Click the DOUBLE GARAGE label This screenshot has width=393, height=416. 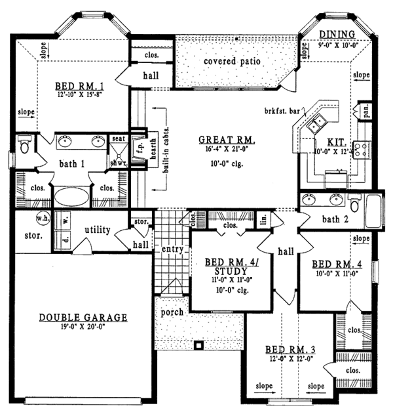(83, 318)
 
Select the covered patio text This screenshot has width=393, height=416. (232, 62)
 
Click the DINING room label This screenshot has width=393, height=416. (337, 34)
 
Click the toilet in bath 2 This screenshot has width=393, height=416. (354, 205)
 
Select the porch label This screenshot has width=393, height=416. (172, 312)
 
